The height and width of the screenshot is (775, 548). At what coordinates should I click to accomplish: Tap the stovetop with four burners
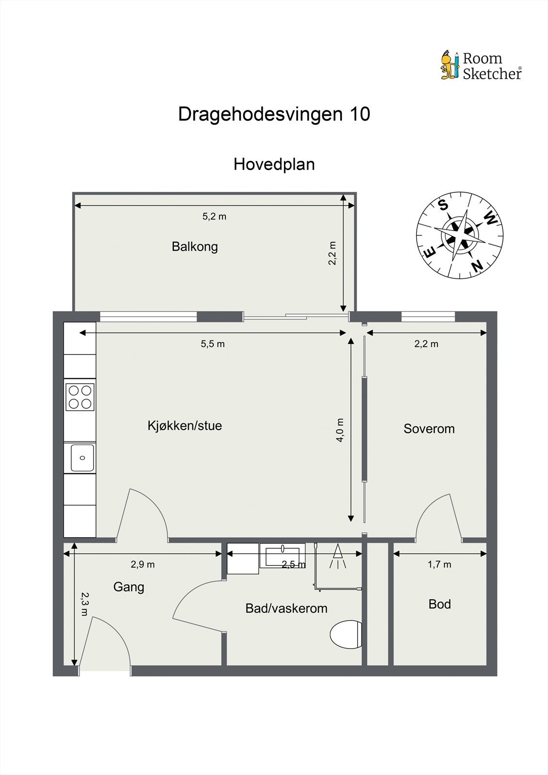[x=80, y=397]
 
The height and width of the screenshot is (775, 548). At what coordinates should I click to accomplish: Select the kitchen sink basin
[x=82, y=458]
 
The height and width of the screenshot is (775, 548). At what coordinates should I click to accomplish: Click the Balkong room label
[x=195, y=247]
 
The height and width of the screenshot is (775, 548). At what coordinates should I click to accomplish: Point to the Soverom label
[x=429, y=429]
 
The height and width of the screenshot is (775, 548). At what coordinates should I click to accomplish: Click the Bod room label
[x=439, y=604]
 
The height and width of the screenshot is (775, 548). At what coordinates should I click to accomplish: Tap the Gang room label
[x=128, y=587]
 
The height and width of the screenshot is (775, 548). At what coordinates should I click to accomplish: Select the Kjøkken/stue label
[x=185, y=426]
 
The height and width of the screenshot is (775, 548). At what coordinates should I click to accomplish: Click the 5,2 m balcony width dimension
[x=214, y=217]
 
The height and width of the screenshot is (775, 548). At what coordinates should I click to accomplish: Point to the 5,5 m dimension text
[x=213, y=344]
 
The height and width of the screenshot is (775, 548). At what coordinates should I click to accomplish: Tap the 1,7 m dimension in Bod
[x=439, y=564]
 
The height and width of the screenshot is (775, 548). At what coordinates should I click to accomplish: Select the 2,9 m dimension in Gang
[x=142, y=564]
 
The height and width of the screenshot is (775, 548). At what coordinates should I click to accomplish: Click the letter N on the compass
[x=477, y=265]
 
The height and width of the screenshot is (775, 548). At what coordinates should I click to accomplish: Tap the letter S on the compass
[x=443, y=205]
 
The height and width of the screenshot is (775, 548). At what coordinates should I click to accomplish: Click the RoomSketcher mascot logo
[x=450, y=65]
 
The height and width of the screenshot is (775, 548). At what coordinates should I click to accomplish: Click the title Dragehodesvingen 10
[x=274, y=114]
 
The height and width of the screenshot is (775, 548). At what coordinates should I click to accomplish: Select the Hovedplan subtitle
[x=274, y=164]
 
